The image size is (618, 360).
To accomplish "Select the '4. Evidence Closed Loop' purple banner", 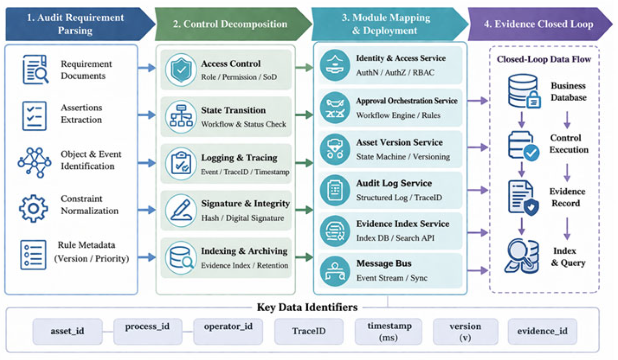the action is (539, 24).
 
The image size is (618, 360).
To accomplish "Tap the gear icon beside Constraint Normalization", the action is (34, 208).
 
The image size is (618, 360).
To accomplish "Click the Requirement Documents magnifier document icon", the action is (35, 69).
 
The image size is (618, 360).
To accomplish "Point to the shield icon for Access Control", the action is (181, 70).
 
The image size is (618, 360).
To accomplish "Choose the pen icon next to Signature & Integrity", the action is (181, 210).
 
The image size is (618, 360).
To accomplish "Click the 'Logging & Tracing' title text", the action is (239, 158).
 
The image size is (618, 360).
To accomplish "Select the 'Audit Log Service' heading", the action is (394, 183).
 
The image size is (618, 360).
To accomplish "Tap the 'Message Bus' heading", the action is (384, 263).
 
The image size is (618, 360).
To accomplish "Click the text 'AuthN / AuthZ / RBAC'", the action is (395, 73).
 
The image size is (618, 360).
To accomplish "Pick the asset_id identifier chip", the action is (68, 331).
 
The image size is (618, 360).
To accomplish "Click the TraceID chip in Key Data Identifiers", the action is (309, 331).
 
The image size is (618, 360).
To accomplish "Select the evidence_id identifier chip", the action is (543, 331).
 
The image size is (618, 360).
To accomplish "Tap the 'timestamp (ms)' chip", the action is (389, 331).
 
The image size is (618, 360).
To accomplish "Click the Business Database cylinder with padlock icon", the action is (524, 91).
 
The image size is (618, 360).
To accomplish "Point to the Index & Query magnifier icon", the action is (521, 256).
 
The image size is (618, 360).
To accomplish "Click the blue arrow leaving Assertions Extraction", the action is (147, 115).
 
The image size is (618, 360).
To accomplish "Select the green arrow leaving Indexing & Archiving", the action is (304, 257).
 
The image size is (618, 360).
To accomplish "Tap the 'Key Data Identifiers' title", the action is (307, 307).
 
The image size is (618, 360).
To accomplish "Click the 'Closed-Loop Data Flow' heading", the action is (544, 59).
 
